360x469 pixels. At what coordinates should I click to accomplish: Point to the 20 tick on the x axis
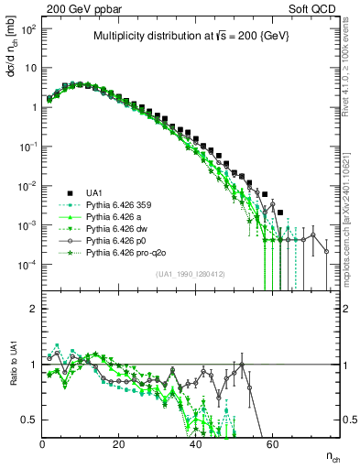coord(118,442)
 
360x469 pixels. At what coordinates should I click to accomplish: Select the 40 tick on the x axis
coord(195,442)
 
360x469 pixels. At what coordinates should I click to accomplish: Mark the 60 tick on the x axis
coord(272,442)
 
